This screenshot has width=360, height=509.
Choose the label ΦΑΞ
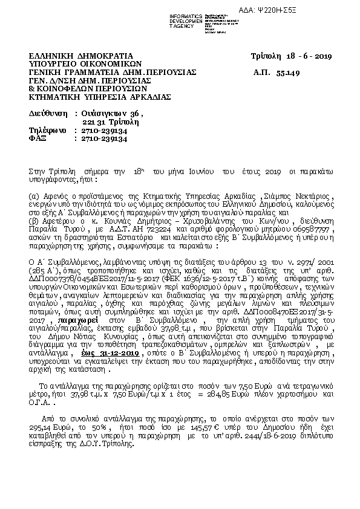[x=38, y=138]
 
